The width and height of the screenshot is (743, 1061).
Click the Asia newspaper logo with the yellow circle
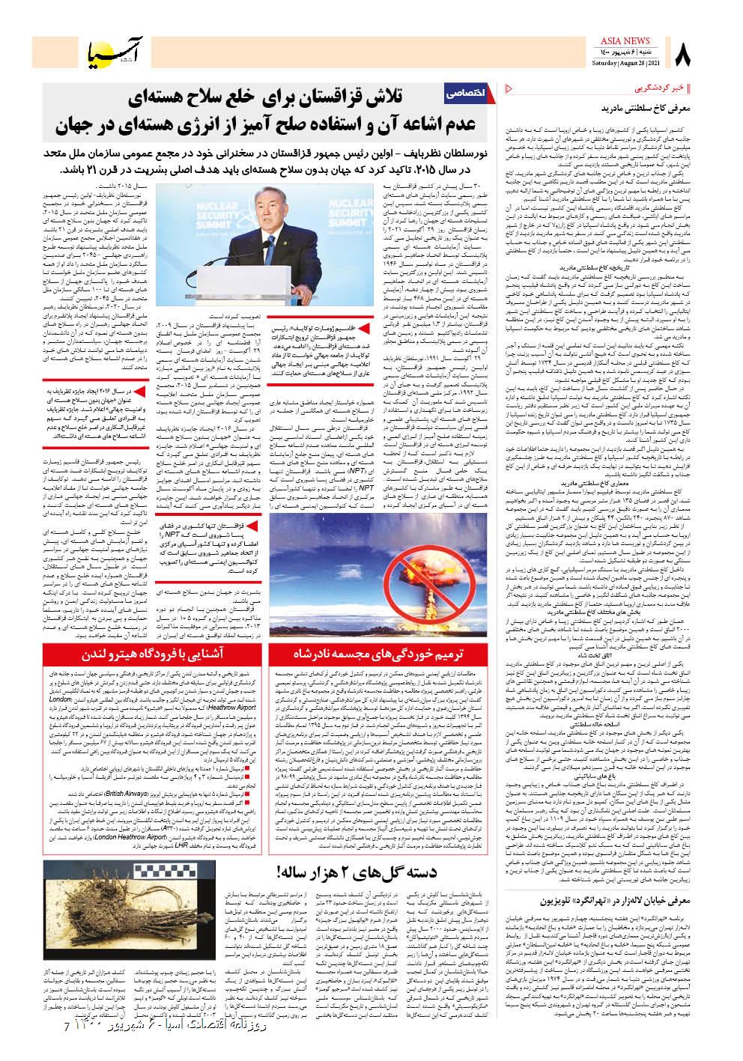point(110,52)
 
